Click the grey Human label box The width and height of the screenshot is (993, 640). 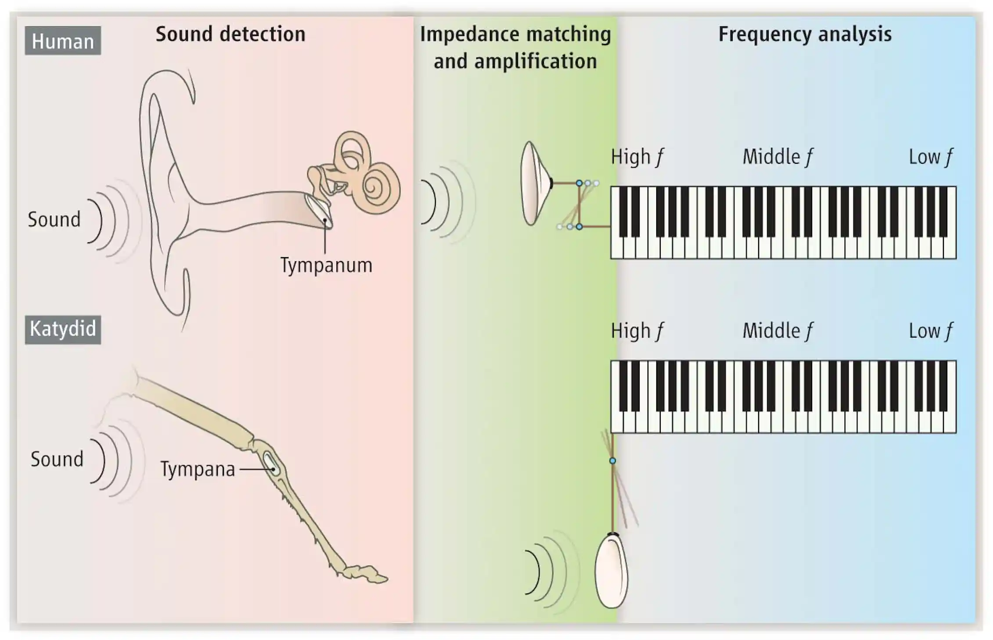pos(63,41)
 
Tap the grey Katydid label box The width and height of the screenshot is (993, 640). pos(63,329)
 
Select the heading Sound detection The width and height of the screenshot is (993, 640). pos(230,34)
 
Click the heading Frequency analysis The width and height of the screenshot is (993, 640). pos(805,34)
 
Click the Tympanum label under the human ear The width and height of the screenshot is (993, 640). pos(326,265)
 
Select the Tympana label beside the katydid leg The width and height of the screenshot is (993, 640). pos(198,469)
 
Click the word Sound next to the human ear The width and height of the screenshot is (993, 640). pos(54,219)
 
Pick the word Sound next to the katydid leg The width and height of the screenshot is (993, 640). pos(57,459)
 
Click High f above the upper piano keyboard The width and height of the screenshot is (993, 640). pos(637,157)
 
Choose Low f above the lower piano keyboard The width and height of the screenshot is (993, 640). pos(930,331)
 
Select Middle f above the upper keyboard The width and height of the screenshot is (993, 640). pos(777,157)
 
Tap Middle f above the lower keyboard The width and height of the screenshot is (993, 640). pos(777,331)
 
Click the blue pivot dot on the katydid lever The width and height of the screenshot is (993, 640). pos(612,460)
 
